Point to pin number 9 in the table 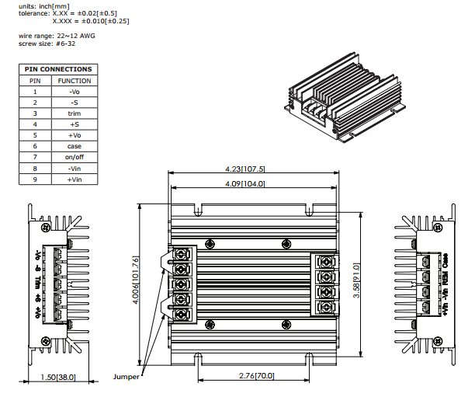[x=35, y=179]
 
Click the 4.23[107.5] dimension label [x=245, y=169]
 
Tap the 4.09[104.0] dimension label [x=245, y=184]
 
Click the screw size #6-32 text [x=47, y=44]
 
